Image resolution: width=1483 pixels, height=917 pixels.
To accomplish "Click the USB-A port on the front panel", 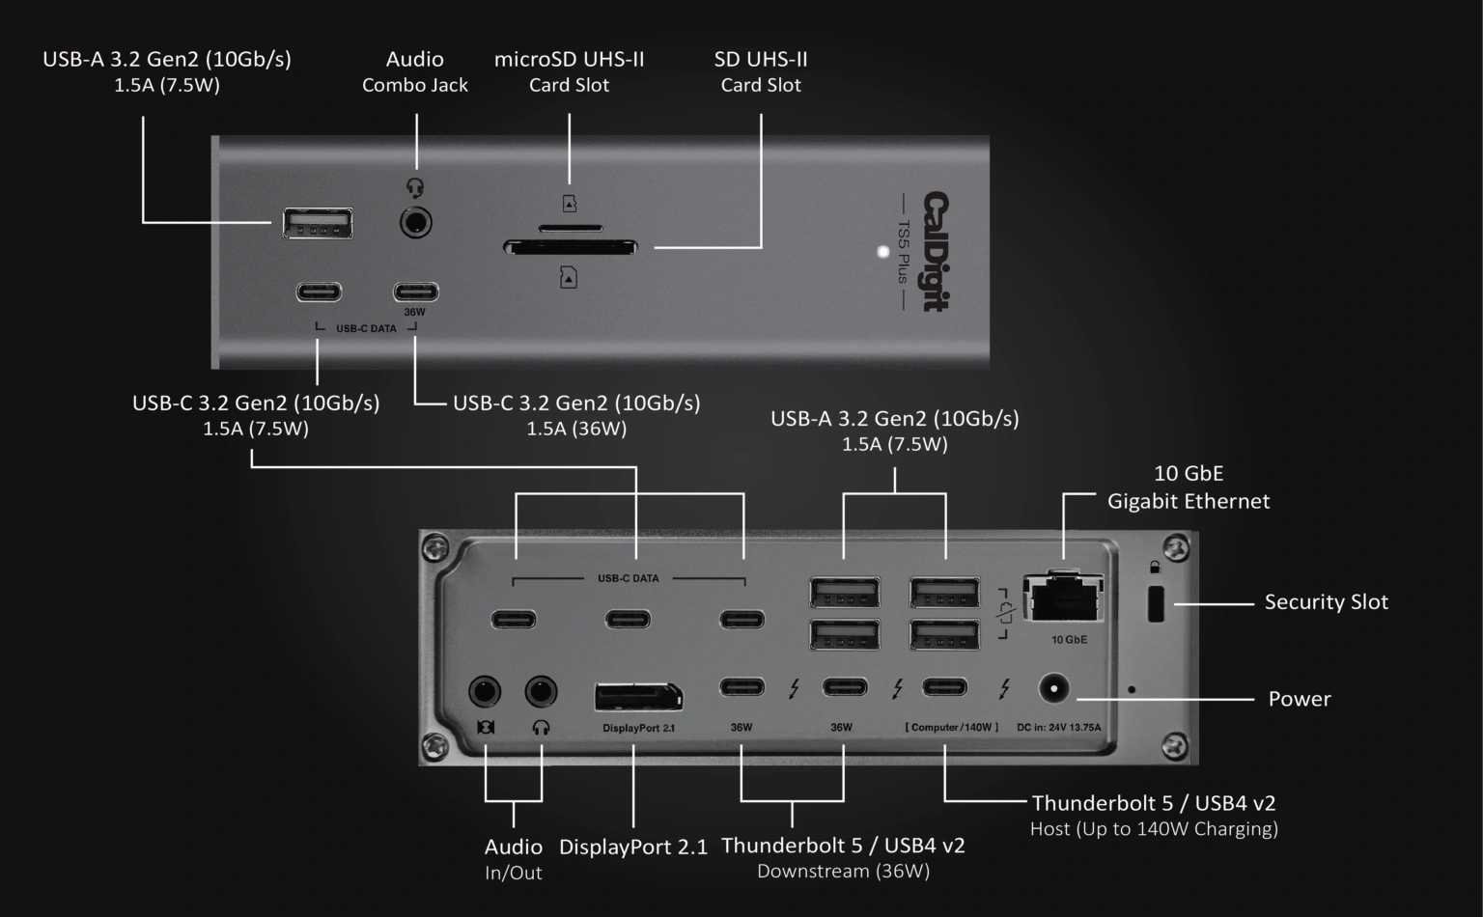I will (x=318, y=223).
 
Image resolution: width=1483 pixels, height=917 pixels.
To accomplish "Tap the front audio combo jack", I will (x=415, y=223).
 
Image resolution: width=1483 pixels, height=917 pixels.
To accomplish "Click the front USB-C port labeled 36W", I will (x=415, y=292).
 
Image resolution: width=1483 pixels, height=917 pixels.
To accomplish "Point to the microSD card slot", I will (x=570, y=229).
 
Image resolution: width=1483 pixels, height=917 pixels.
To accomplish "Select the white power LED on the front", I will (x=882, y=252).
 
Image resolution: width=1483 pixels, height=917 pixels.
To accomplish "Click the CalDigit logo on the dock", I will (x=936, y=251).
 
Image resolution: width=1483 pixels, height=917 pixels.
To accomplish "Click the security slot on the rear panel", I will (x=1155, y=604).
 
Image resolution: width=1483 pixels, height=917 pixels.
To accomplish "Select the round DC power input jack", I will (x=1052, y=689).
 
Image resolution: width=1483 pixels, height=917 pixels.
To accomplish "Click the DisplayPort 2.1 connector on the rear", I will (x=638, y=697).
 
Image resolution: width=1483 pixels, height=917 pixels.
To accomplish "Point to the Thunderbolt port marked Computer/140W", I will (x=944, y=687).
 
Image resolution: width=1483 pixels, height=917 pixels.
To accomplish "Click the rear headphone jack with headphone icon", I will (x=541, y=692).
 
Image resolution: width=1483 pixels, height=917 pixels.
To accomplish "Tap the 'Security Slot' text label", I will (x=1326, y=602).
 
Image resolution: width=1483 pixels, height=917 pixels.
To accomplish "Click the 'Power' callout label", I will (x=1299, y=699).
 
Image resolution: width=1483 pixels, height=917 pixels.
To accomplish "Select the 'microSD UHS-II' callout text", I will (x=569, y=60).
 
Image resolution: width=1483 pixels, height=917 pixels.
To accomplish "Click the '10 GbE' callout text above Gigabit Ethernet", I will (x=1188, y=474).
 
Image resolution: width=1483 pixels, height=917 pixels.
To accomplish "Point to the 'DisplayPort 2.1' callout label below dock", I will (x=633, y=848).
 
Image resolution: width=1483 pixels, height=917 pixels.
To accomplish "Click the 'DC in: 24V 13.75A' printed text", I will (x=1058, y=728).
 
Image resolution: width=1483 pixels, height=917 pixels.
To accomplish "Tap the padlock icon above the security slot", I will (x=1155, y=568).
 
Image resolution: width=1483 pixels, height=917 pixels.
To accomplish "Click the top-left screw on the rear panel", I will (x=436, y=548).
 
